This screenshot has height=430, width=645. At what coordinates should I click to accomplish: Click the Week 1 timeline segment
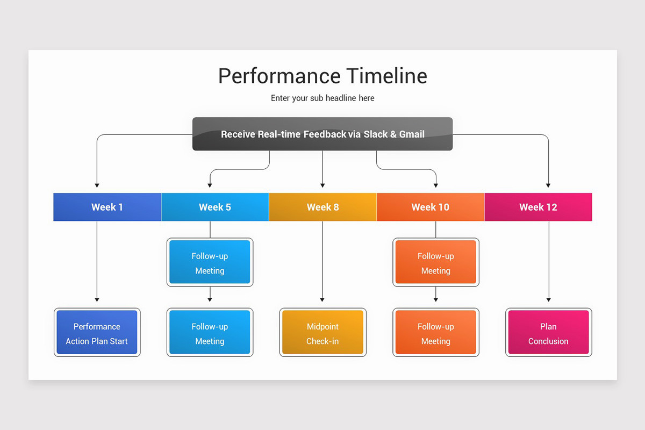pos(107,207)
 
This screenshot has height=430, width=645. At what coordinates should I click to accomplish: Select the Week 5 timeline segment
pos(215,207)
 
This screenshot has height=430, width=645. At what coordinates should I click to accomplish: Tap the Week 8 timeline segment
pos(322,207)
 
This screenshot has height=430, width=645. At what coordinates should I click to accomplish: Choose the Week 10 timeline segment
pos(430,207)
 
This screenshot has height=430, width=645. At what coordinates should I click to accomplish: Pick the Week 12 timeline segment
pos(538,207)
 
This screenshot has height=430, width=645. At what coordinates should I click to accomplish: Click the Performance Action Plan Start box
pos(97,333)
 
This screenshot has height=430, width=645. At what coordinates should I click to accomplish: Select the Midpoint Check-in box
pos(322,333)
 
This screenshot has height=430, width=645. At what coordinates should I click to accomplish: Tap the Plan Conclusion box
pos(548,333)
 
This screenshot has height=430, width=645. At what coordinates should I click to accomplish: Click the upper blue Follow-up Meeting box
pos(210,262)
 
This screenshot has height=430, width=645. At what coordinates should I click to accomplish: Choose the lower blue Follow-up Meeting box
pos(210,333)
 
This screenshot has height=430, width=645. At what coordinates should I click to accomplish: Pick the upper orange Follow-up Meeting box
pos(435,262)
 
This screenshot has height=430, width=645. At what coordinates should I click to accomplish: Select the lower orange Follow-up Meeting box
pos(435,333)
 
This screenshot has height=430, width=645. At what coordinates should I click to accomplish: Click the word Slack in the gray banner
pos(375,134)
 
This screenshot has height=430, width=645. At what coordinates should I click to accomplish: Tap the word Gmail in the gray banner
pos(412,134)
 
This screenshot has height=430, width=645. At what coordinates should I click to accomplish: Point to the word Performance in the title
pos(279,76)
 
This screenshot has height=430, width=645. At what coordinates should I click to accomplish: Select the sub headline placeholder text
pos(322,98)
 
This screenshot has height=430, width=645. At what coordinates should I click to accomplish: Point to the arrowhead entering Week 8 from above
pos(322,185)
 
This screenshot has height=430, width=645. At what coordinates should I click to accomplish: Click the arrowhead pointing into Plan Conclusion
pos(548,299)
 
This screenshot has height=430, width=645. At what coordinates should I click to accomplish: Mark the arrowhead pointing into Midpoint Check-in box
pos(322,299)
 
